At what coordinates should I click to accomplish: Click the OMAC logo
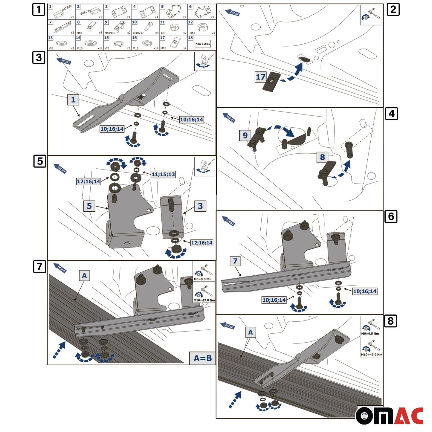[390, 416]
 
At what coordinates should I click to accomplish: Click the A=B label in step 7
[202, 358]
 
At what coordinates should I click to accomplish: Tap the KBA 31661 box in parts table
[202, 44]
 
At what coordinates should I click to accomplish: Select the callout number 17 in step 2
[260, 77]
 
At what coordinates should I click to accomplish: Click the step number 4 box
[391, 114]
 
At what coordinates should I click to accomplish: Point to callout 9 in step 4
[245, 135]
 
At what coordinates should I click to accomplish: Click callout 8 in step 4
[322, 157]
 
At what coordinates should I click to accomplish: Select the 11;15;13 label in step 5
[163, 174]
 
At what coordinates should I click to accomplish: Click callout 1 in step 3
[73, 100]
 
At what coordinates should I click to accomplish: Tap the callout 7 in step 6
[235, 261]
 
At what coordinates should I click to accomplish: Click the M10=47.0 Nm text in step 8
[371, 355]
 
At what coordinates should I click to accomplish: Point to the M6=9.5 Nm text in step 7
[203, 279]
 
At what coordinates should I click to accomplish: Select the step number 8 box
[390, 321]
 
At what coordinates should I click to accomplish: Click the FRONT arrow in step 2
[233, 13]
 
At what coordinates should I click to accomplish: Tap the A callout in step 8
[250, 332]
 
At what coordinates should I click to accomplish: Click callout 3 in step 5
[200, 206]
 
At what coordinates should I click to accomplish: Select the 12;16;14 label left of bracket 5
[88, 181]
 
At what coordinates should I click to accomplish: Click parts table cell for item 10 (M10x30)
[145, 28]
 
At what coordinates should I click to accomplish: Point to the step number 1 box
[39, 9]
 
